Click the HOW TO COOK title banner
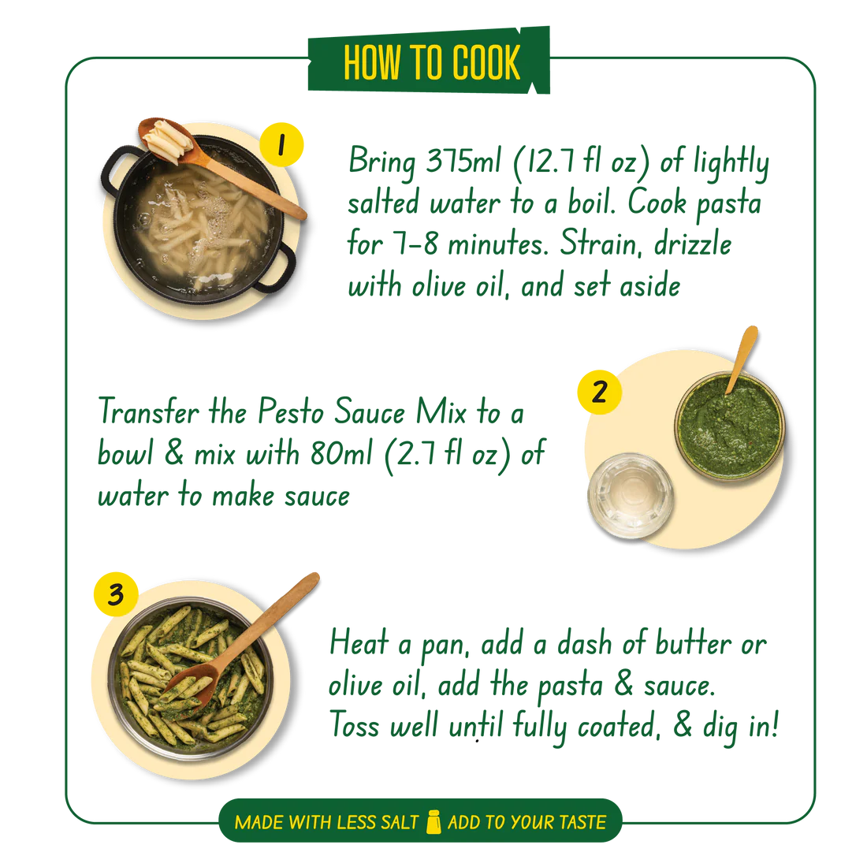429,60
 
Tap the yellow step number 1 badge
281,145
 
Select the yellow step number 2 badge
599,392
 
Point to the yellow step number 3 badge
116,594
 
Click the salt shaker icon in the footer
433,821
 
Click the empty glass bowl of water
631,496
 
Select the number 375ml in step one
463,161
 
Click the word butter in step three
694,644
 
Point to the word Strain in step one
601,244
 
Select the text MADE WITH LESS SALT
327,822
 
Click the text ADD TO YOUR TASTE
527,822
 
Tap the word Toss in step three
355,725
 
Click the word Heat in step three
359,642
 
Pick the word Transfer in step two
148,411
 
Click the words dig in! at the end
741,726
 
